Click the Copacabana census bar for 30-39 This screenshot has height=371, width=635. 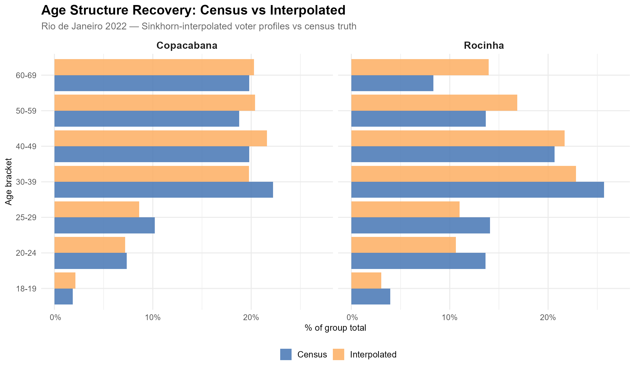[164, 190]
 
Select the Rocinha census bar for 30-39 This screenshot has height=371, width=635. [478, 190]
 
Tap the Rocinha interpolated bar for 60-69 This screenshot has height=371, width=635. [420, 67]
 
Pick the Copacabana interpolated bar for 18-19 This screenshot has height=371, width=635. [65, 280]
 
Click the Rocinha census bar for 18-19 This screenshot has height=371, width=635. [371, 297]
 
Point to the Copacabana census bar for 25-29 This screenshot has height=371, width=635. [105, 225]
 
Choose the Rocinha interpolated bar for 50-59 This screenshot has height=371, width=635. [434, 103]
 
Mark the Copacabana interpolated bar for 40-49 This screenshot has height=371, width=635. [161, 138]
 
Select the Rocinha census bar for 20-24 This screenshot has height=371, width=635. [418, 261]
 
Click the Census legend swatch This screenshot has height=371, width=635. [286, 355]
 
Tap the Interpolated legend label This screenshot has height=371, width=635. [373, 355]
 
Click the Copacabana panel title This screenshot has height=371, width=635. [187, 46]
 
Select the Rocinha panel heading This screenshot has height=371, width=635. [484, 46]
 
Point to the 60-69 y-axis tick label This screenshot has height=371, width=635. [26, 75]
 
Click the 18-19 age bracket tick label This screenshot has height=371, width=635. [26, 289]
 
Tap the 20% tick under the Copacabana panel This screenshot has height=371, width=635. [251, 317]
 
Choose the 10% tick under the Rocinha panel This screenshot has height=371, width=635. [449, 317]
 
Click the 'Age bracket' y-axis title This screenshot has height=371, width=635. [9, 182]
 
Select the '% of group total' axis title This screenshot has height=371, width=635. [335, 328]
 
